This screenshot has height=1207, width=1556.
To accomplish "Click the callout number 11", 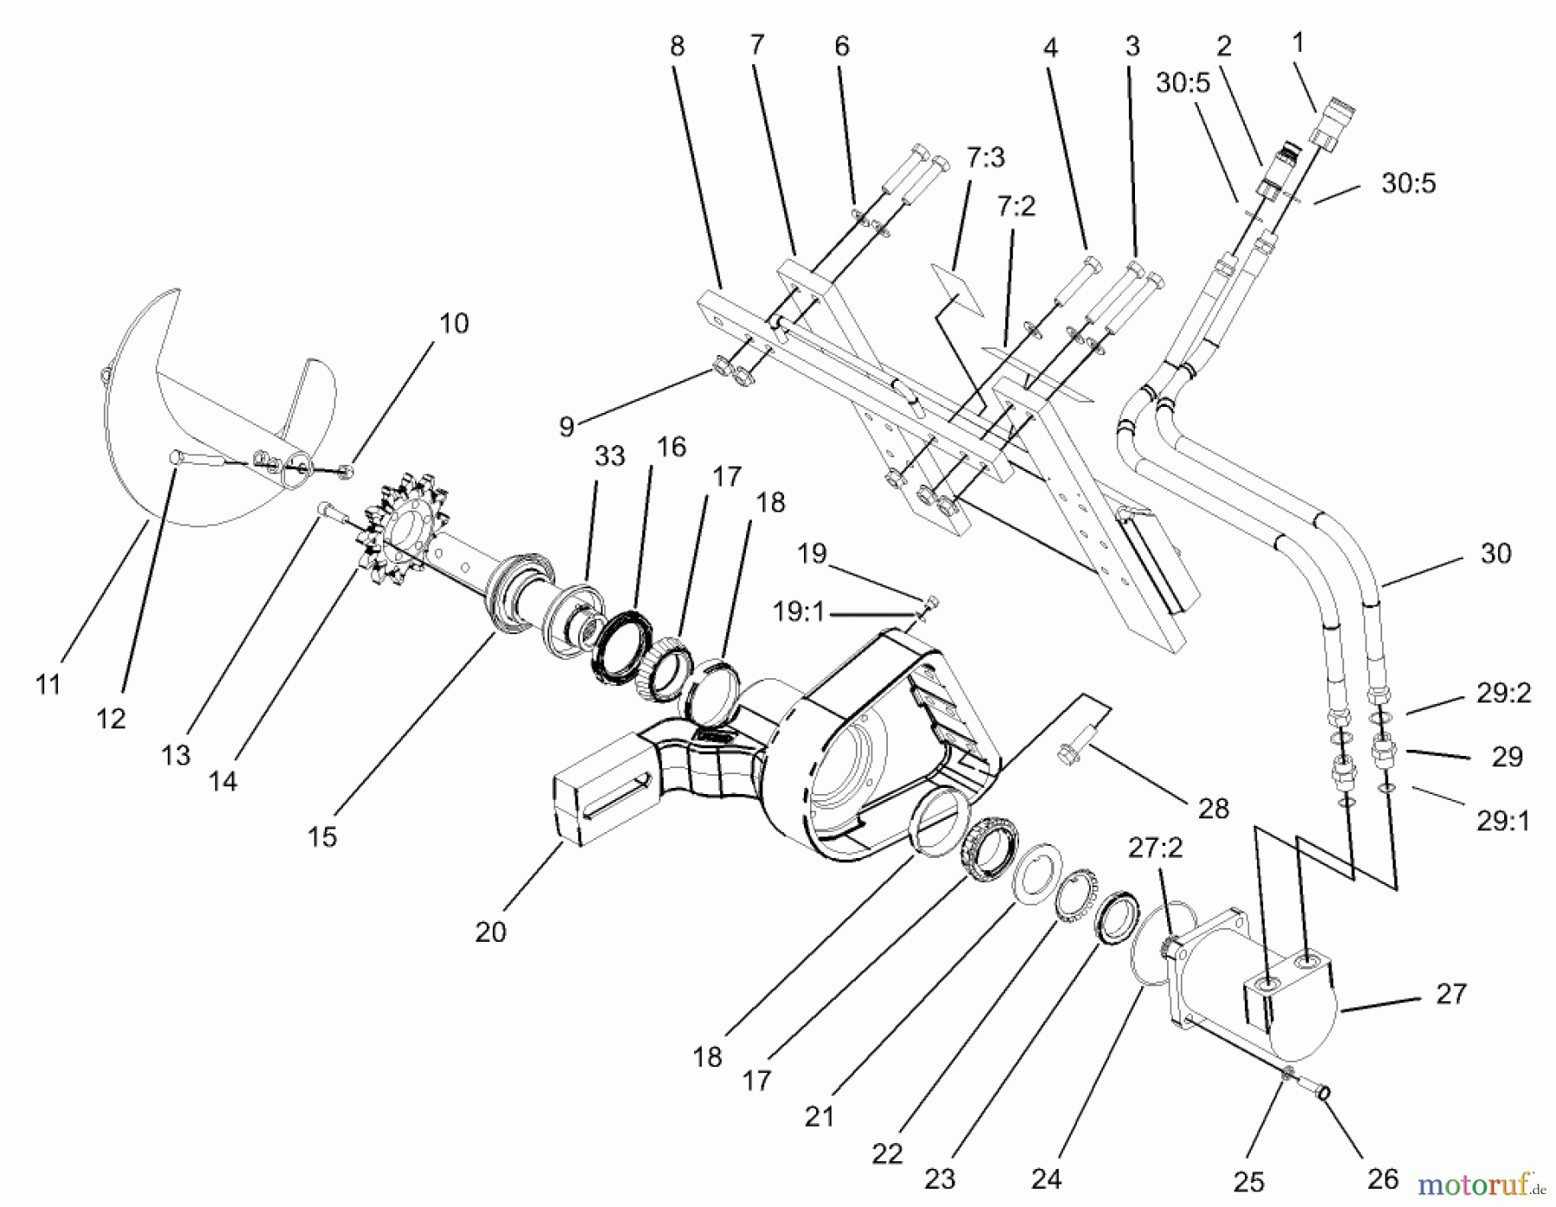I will (48, 684).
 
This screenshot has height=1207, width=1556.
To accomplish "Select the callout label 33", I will (609, 456).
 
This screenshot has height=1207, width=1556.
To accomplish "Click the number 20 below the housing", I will (490, 932).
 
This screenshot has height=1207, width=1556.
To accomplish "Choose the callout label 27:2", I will (1155, 848).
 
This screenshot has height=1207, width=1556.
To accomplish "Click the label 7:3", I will (986, 158).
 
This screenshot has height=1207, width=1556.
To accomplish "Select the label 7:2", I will (1016, 206).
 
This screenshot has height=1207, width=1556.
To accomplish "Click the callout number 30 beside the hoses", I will (1495, 554).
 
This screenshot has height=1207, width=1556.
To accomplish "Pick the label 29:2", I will (1503, 693).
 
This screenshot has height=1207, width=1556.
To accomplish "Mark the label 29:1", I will (1502, 821).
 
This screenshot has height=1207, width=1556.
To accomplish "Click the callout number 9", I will (566, 427).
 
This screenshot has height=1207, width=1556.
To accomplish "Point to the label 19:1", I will (799, 613).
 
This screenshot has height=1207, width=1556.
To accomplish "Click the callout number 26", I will (1383, 1178).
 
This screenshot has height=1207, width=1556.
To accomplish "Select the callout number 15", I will (322, 836).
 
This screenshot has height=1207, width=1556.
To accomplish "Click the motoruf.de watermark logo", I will (1479, 1183).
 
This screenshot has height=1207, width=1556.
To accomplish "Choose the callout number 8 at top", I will (677, 46).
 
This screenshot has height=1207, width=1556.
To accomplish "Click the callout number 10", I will (454, 324).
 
